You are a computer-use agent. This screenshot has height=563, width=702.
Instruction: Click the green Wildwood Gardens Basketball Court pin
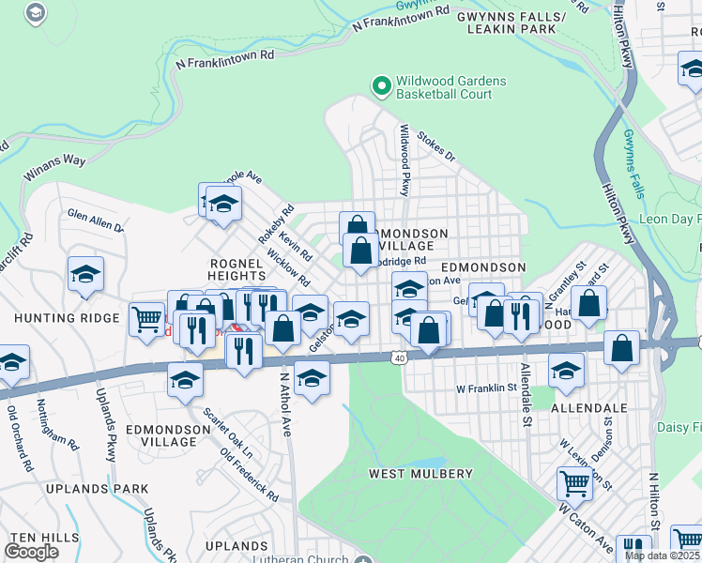tap(382, 87)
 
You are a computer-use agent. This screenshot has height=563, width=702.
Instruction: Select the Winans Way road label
tap(54, 167)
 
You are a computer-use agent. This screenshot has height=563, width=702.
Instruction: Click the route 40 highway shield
tap(400, 357)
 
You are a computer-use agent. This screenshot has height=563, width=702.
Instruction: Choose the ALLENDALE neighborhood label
tap(588, 409)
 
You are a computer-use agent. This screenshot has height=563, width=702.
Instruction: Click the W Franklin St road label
tap(486, 387)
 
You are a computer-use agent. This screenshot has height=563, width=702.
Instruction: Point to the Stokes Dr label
tap(435, 147)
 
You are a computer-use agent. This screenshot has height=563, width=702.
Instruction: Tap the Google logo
tap(31, 551)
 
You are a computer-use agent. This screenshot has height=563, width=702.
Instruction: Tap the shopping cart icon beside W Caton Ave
tap(574, 484)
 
